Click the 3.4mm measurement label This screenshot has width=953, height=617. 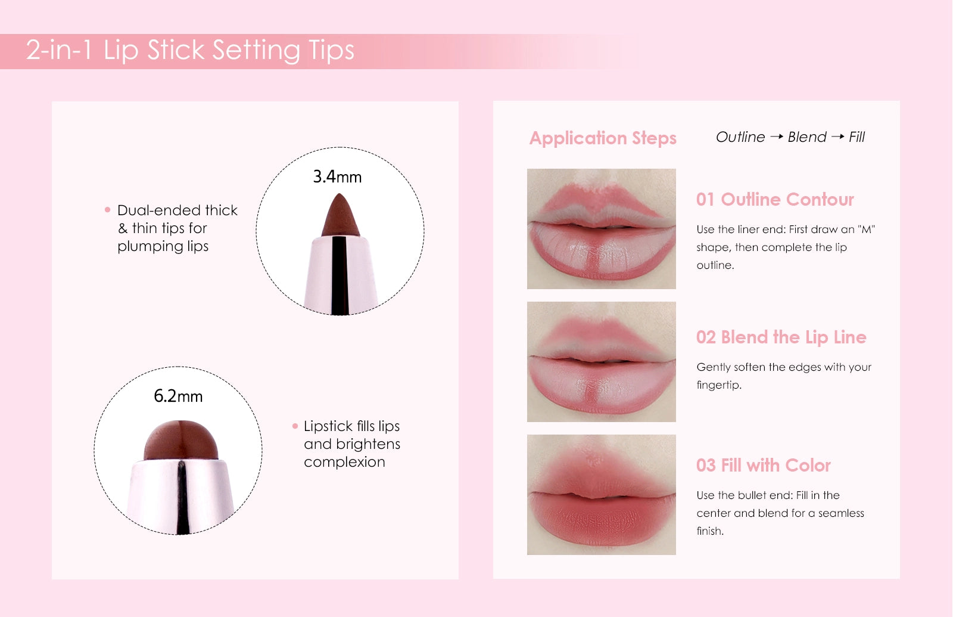tap(337, 176)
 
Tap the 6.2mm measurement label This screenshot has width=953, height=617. tap(178, 396)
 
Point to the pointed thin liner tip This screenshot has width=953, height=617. tap(340, 215)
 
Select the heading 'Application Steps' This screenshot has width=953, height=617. tap(603, 138)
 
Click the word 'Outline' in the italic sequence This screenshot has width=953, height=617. tap(740, 137)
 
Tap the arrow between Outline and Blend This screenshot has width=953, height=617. tap(777, 137)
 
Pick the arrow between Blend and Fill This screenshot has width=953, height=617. tap(837, 137)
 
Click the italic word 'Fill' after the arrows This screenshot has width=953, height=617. tap(857, 137)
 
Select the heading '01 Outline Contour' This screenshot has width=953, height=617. tap(775, 199)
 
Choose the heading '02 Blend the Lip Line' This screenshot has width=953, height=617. tap(781, 337)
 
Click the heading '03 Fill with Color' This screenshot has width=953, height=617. tap(763, 466)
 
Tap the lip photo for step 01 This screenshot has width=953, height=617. tap(601, 229)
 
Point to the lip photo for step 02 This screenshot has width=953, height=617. tap(601, 361)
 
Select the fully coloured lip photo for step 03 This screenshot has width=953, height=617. tap(601, 494)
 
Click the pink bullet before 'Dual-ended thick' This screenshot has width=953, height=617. tap(108, 209)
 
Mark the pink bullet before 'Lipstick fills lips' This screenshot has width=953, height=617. tap(295, 426)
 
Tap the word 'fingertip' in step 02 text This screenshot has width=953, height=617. tap(718, 385)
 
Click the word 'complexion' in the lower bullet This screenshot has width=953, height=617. tap(345, 463)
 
